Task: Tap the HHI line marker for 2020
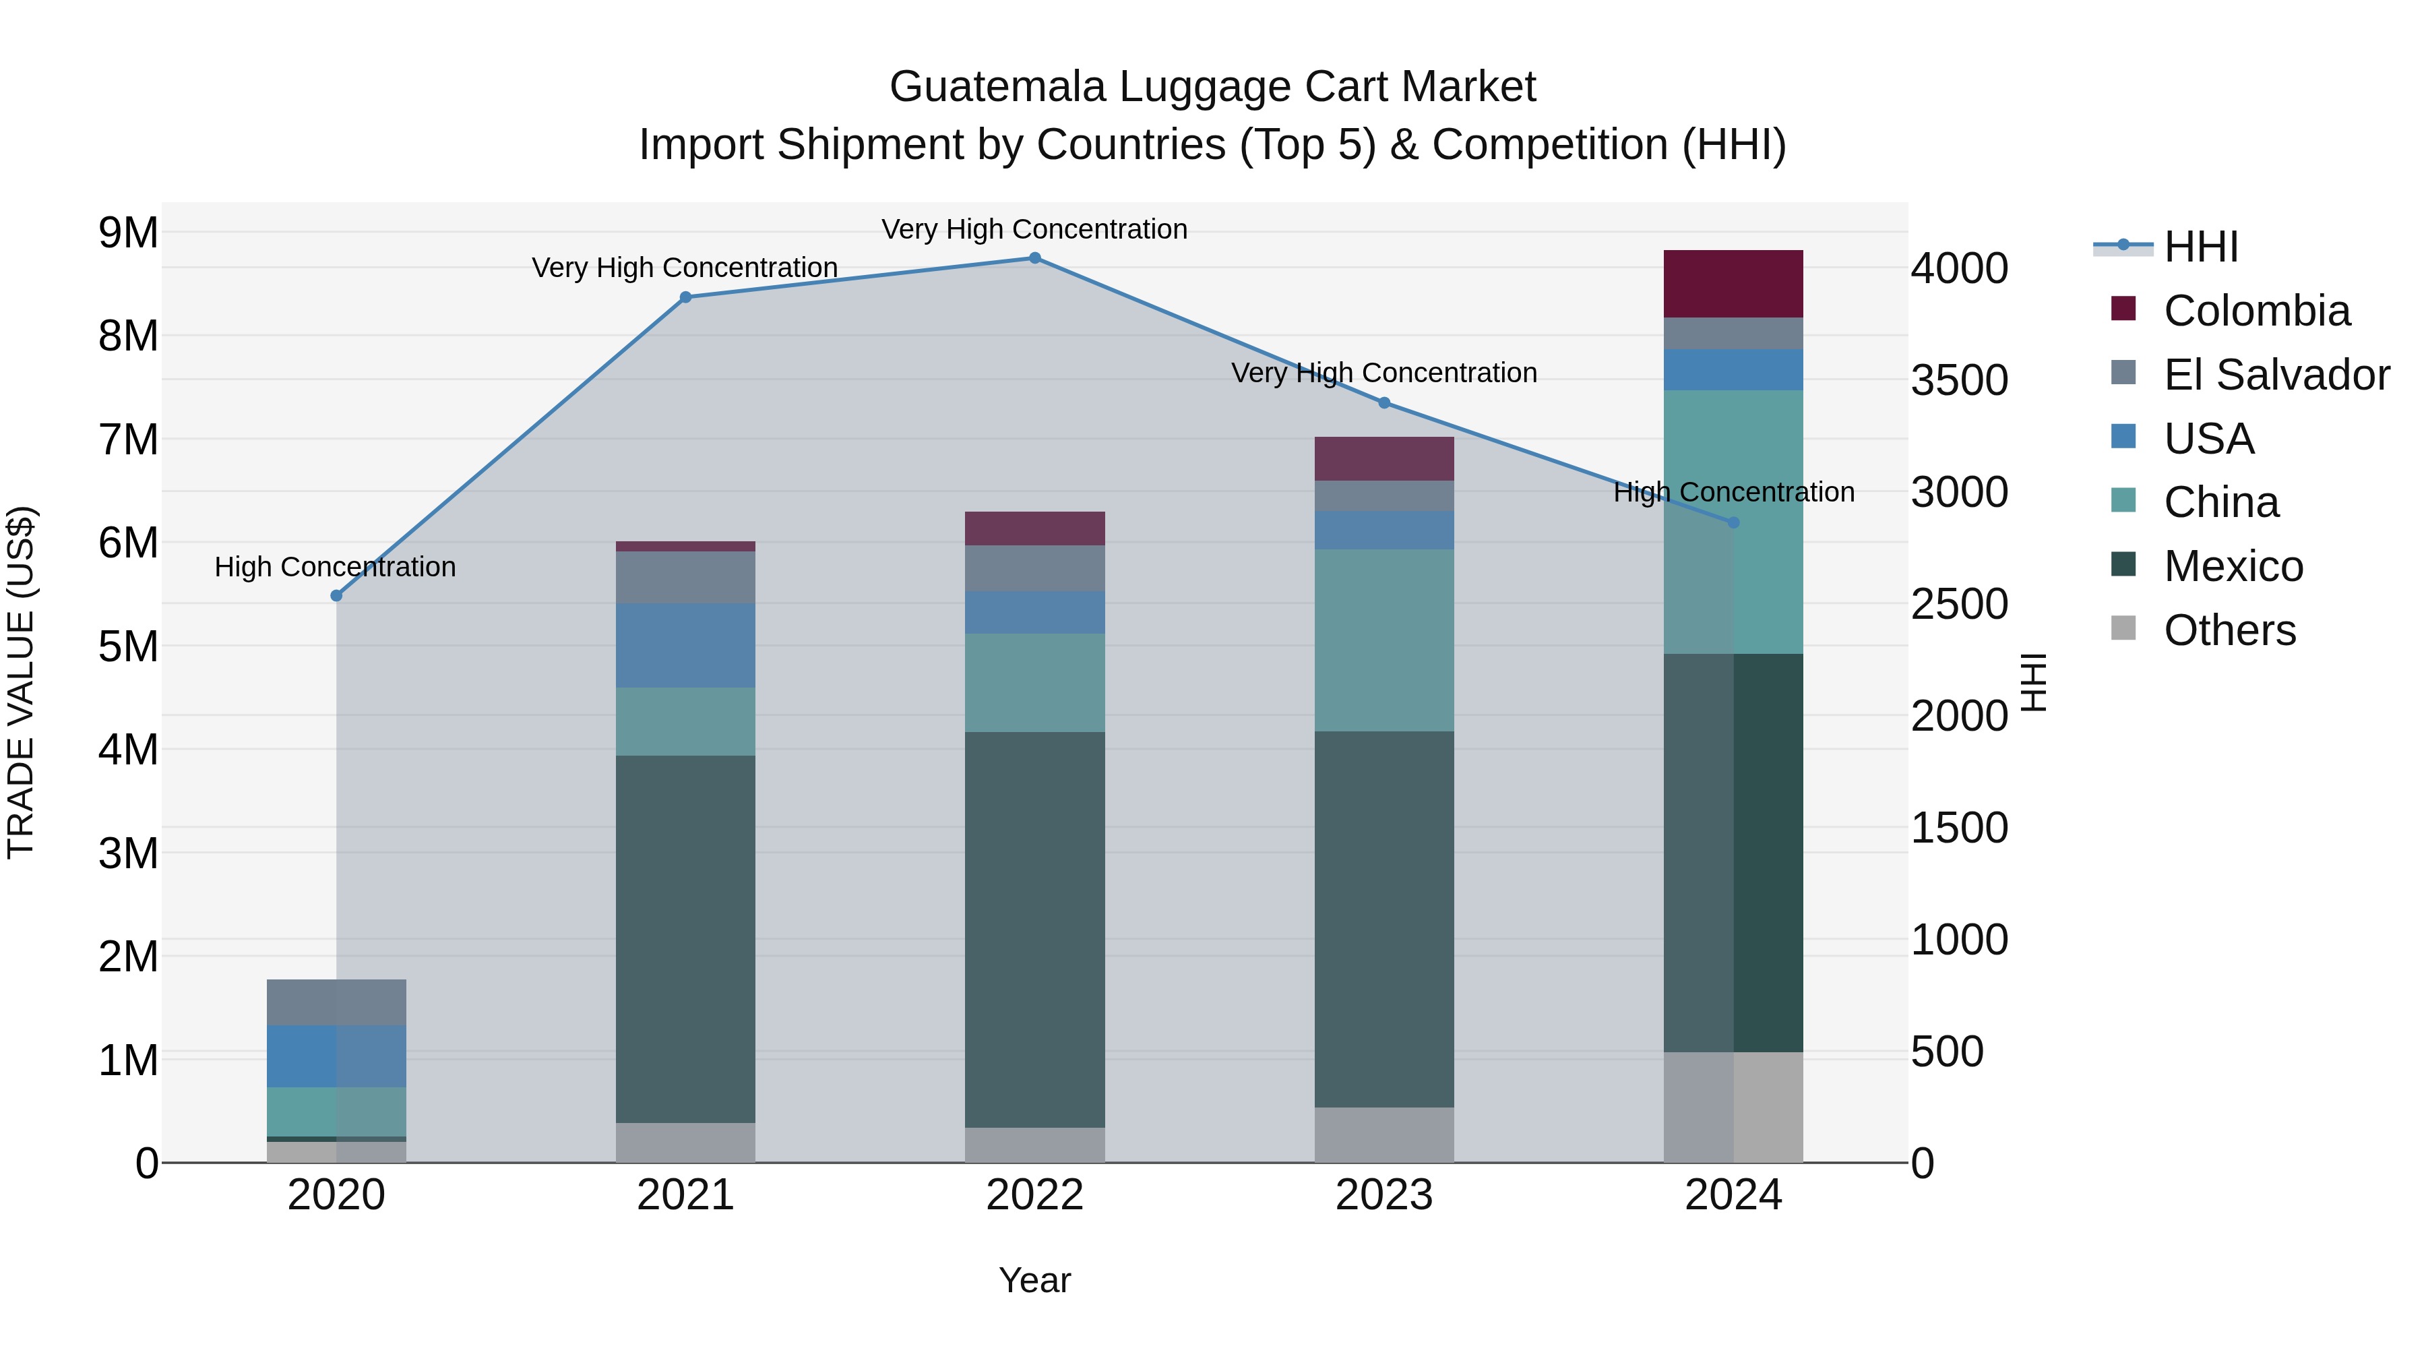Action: (x=336, y=595)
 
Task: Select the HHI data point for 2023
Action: (x=1383, y=403)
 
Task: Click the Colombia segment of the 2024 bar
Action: (x=1733, y=284)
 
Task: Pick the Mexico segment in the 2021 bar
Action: (x=685, y=938)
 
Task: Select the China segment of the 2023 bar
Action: (x=1383, y=640)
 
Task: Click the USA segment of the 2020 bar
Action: (x=336, y=1056)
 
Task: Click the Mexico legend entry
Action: (x=2233, y=566)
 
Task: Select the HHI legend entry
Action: (x=2200, y=247)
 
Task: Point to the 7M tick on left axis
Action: (x=129, y=439)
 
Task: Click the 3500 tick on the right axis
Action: (x=1959, y=381)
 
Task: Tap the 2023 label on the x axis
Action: (x=1383, y=1195)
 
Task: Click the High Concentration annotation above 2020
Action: (x=336, y=567)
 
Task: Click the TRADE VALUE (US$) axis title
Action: (x=21, y=682)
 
